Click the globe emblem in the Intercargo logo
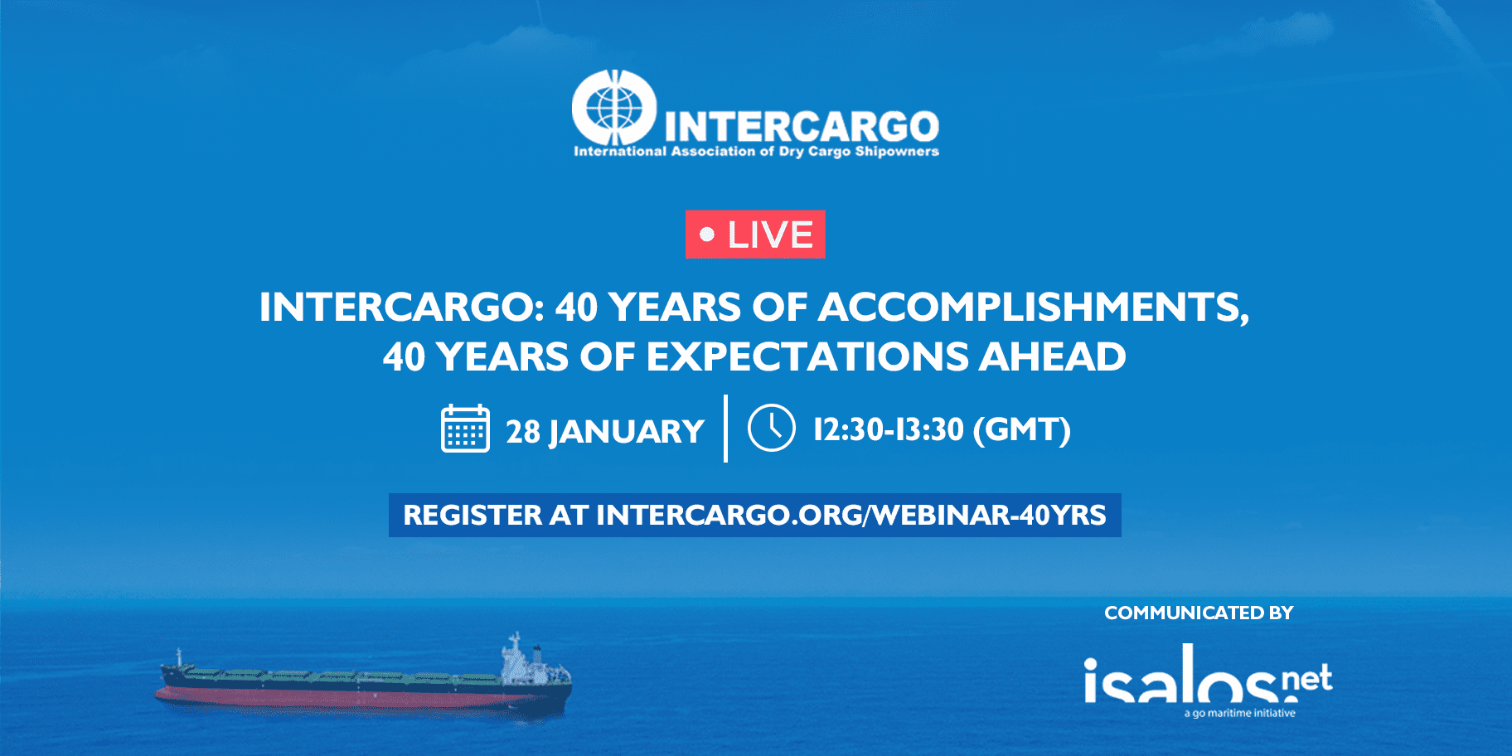[614, 109]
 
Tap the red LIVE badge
[755, 235]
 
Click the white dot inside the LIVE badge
[707, 235]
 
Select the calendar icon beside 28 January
[465, 429]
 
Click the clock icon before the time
[771, 428]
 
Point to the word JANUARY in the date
[626, 432]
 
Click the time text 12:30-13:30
[889, 429]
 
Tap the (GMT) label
[1022, 429]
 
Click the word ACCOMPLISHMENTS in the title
[1034, 307]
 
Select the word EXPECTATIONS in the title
[807, 357]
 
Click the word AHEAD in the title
[1053, 357]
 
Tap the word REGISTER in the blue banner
[472, 515]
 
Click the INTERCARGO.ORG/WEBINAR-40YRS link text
[851, 515]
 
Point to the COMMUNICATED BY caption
[1199, 613]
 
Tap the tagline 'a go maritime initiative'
[1239, 713]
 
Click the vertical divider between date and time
[725, 429]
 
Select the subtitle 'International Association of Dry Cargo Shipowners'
[756, 152]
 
